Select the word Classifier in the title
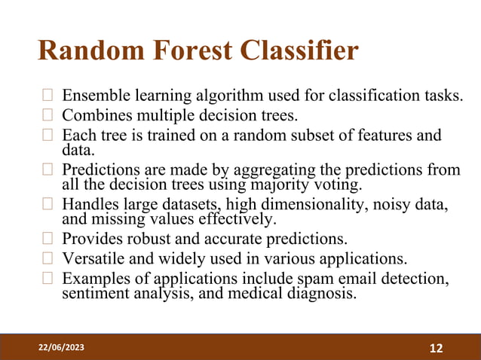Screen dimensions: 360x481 click(x=301, y=51)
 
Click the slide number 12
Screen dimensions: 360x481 click(x=436, y=348)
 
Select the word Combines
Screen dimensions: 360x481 click(x=93, y=116)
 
